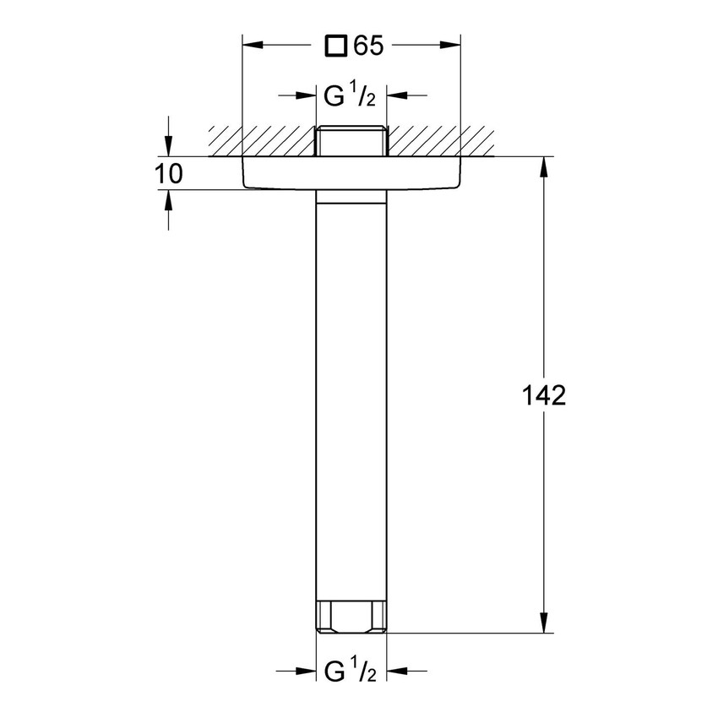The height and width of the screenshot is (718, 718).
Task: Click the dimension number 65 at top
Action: (369, 46)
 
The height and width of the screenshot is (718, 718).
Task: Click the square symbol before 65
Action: (337, 46)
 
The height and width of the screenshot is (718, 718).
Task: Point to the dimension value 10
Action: (170, 175)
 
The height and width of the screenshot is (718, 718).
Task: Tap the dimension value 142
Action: (543, 395)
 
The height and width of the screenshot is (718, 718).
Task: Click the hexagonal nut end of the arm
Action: (351, 615)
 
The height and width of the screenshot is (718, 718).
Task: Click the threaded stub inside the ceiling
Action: (351, 141)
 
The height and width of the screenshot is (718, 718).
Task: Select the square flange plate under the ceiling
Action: (351, 173)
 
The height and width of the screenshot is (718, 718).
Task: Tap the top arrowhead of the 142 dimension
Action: (543, 165)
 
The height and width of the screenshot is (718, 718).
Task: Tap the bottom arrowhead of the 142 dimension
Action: (543, 624)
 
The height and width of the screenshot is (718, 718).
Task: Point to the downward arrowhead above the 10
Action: (169, 149)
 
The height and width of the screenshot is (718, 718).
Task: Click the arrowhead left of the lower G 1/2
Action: (309, 672)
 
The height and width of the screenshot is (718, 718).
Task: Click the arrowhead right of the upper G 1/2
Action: (394, 95)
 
